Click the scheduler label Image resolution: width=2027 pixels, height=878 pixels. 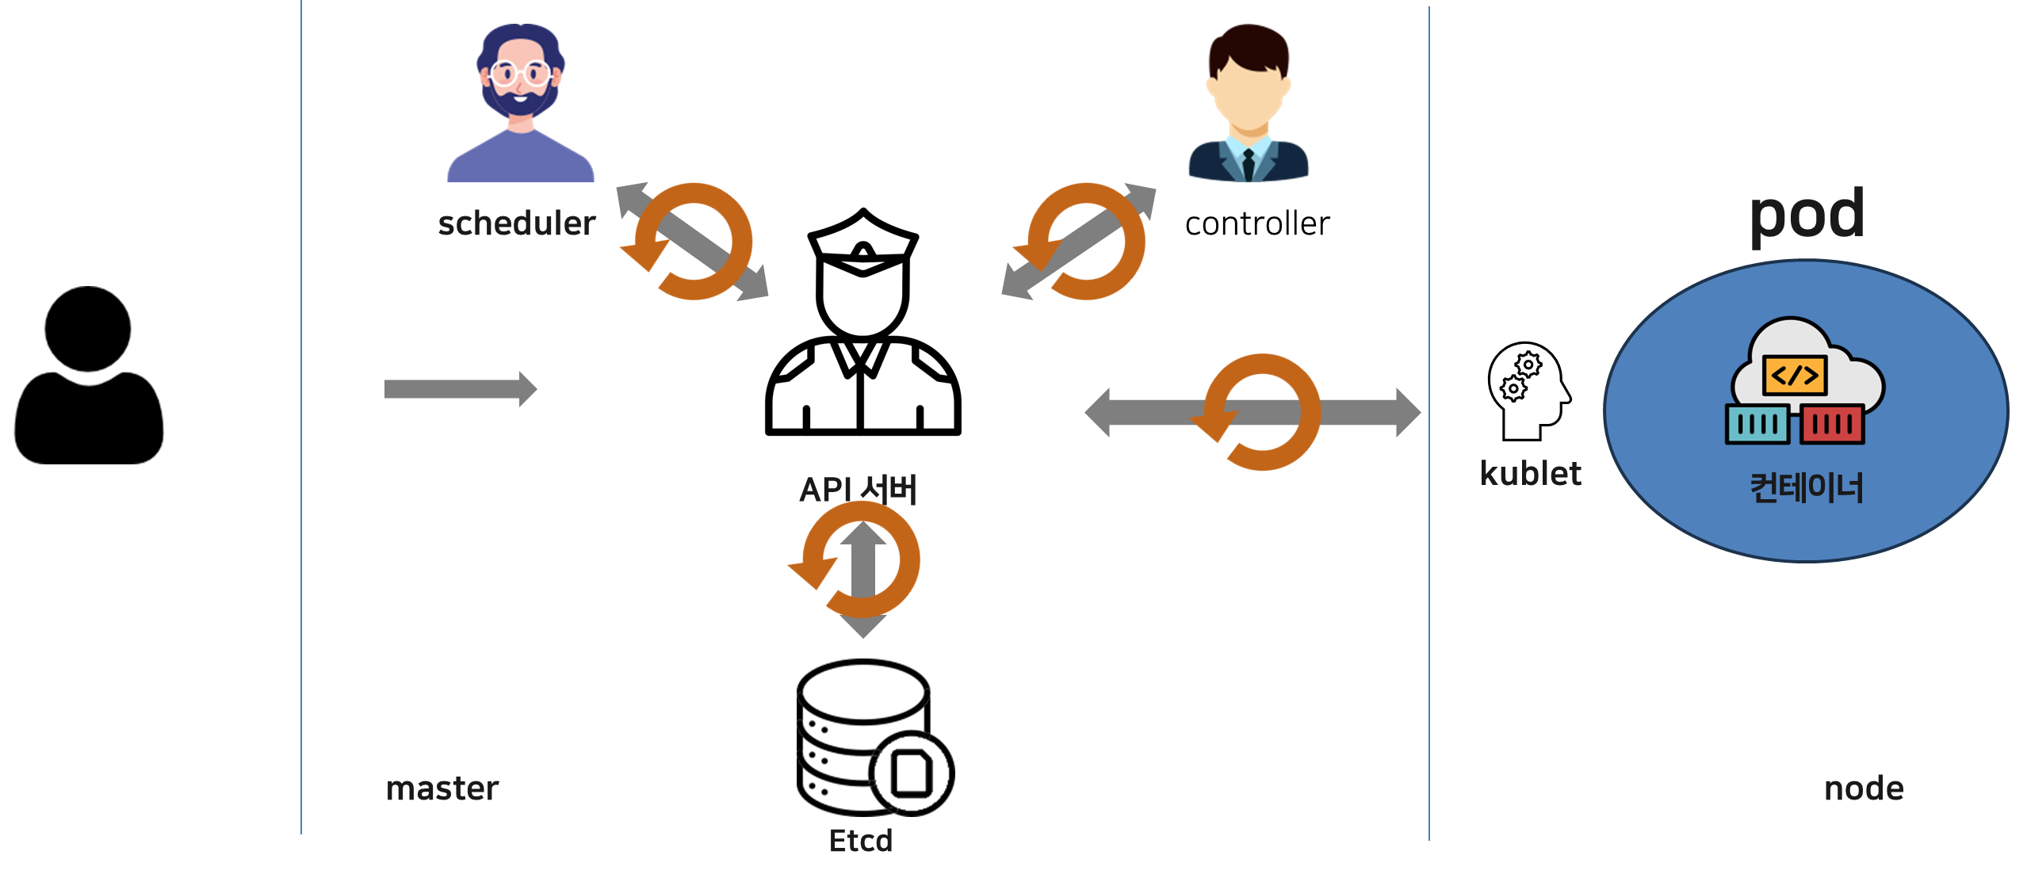(517, 224)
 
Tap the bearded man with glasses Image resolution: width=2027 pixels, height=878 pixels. (521, 103)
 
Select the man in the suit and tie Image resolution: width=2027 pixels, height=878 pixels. (1249, 103)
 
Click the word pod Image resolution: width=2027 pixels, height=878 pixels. (1807, 215)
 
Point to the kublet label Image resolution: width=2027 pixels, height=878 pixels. (1531, 474)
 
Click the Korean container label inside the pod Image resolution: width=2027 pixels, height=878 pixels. (1807, 487)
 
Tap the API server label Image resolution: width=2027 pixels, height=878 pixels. (858, 489)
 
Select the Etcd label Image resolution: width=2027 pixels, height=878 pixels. (861, 841)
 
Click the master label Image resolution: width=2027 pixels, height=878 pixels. (442, 788)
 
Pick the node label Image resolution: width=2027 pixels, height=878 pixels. (1864, 788)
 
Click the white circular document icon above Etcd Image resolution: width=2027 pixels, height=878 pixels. (912, 773)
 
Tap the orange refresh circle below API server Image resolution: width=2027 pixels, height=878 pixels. (859, 559)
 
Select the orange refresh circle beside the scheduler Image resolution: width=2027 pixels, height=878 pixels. (691, 242)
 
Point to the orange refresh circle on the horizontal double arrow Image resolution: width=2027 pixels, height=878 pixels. (1260, 412)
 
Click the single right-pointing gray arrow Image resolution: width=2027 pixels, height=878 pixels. (460, 389)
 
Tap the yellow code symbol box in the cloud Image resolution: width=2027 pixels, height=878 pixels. (1795, 375)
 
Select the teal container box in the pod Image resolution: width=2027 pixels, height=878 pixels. (1757, 425)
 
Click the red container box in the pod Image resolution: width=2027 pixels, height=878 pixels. (1832, 425)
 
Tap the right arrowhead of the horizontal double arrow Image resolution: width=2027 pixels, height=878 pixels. (1408, 412)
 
